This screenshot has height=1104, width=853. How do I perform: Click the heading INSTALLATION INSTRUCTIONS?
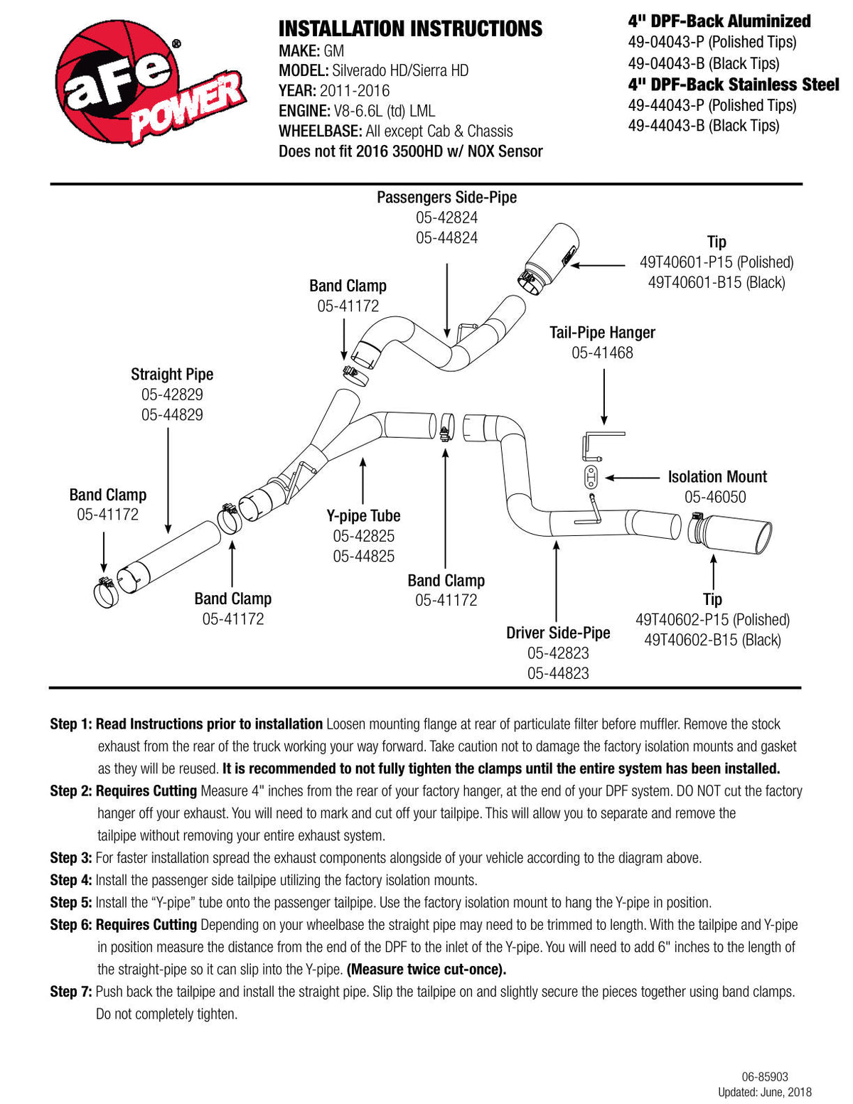click(x=410, y=29)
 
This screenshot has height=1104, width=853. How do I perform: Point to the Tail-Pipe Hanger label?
click(x=602, y=332)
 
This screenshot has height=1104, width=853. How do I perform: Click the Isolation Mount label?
click(x=717, y=476)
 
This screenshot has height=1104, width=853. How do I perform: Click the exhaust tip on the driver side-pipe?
click(x=729, y=533)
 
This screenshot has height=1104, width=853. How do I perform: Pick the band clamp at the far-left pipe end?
click(x=106, y=592)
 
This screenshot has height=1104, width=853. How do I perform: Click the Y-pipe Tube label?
click(x=363, y=515)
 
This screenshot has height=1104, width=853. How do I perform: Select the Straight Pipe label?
click(x=172, y=375)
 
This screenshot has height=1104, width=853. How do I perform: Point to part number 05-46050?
click(x=715, y=497)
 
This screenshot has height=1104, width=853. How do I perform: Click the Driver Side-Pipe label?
click(x=558, y=633)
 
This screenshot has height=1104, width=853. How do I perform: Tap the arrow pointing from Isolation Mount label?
click(x=632, y=478)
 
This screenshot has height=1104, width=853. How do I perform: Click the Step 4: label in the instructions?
click(x=70, y=879)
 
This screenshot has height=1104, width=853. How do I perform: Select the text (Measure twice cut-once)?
click(x=426, y=970)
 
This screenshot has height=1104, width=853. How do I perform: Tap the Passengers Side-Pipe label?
click(x=446, y=197)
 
